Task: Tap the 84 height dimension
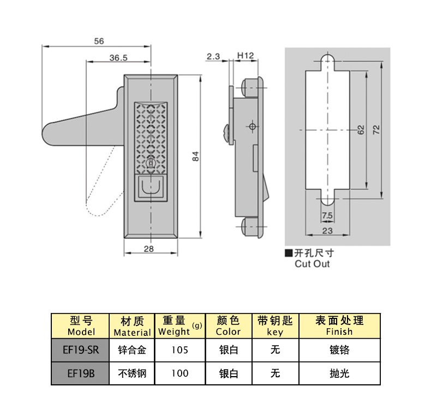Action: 195,156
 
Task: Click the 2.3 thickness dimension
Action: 213,56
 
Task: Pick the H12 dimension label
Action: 246,56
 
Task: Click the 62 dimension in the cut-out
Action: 360,130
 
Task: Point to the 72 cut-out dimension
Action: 376,130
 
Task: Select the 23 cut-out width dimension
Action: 327,231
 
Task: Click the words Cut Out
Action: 312,264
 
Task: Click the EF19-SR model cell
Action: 81,350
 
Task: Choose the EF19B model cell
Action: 81,373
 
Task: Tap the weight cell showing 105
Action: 179,350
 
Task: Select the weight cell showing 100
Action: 179,373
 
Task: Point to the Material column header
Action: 131,326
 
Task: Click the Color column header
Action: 228,326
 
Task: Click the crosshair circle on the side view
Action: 252,126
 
